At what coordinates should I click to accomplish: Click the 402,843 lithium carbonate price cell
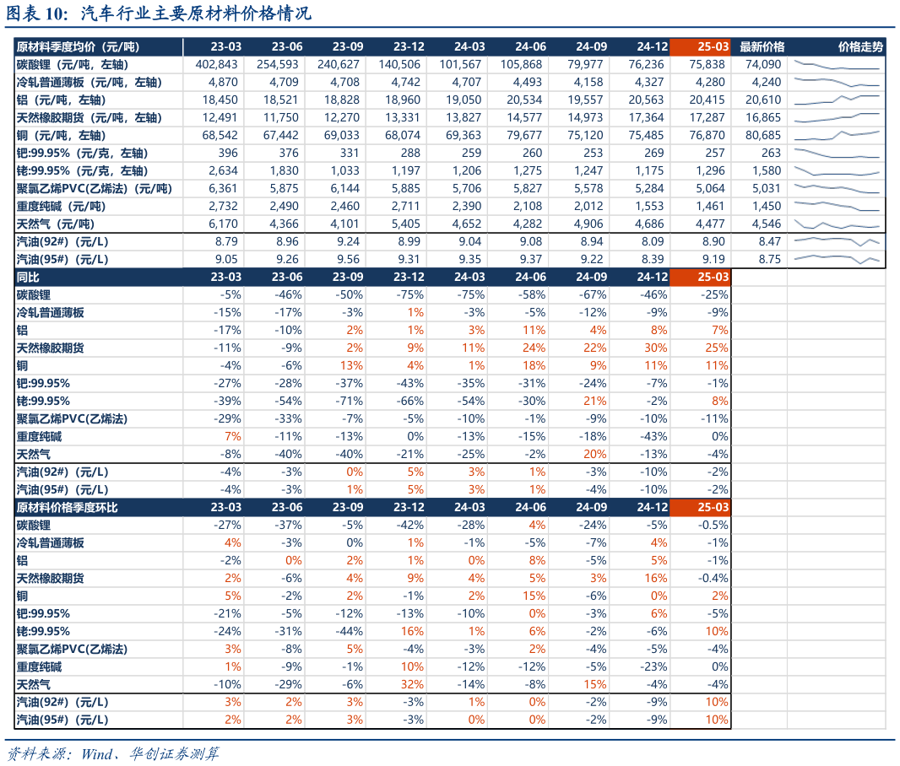click(x=218, y=64)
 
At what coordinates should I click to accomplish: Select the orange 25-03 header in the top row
click(x=700, y=46)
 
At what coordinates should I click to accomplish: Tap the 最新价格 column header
click(x=762, y=46)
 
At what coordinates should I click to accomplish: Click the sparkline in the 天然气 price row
click(x=836, y=224)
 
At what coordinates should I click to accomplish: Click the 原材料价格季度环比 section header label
click(x=67, y=508)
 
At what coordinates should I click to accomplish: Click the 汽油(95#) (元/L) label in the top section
click(x=62, y=260)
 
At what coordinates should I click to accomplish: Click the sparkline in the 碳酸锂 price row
click(x=836, y=64)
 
